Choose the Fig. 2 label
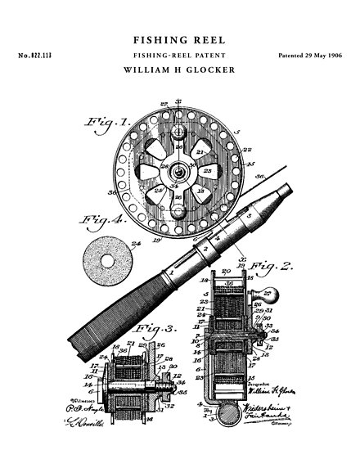(270, 265)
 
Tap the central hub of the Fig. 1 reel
(176, 169)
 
